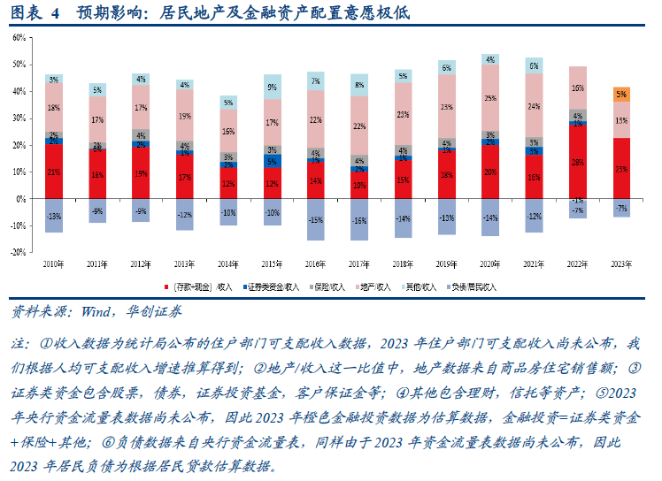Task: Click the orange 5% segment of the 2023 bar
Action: tap(621, 94)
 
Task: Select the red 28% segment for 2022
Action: tap(577, 162)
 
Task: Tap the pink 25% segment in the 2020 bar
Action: tap(489, 98)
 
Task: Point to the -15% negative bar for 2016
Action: tap(316, 219)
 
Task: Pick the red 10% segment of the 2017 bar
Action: tap(359, 186)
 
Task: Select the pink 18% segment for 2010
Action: tap(55, 107)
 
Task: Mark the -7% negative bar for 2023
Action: tap(621, 208)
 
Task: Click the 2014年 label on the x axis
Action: tap(228, 263)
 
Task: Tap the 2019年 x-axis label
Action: tap(446, 263)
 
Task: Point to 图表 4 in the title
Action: tap(35, 12)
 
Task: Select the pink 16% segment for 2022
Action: tap(577, 88)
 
